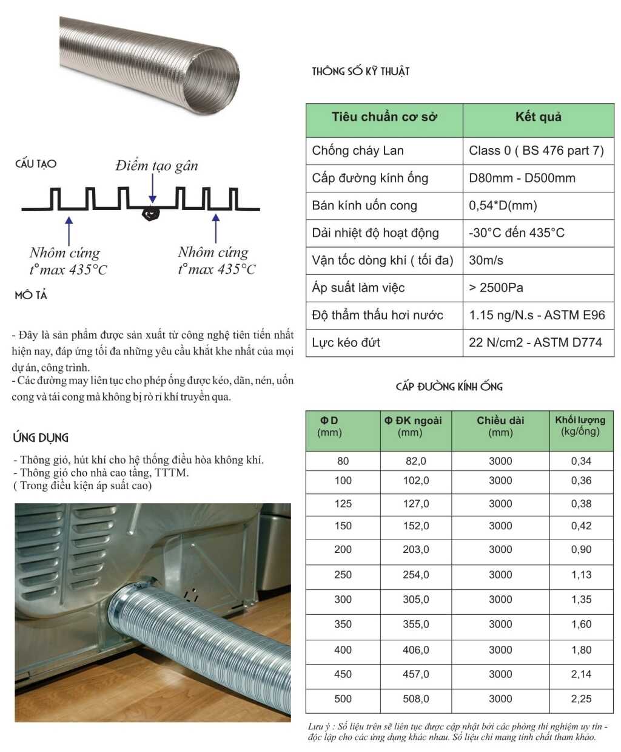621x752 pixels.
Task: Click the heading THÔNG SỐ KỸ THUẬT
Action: (361, 72)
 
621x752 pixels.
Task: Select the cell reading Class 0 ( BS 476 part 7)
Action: (536, 151)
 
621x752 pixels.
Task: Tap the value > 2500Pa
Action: (495, 288)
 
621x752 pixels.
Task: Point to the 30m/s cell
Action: (486, 260)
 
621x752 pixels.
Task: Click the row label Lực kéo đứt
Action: (346, 342)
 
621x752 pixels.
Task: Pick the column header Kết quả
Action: (538, 117)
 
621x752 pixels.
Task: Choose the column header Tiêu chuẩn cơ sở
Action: (384, 117)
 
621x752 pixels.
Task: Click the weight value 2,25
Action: (581, 699)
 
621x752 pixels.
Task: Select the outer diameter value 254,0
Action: (415, 574)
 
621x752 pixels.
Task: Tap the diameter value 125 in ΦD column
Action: (343, 503)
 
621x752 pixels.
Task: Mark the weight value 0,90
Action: (581, 549)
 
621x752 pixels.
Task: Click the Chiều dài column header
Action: (500, 426)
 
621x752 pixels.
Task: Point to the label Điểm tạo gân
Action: (156, 166)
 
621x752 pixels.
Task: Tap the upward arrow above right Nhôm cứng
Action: (215, 229)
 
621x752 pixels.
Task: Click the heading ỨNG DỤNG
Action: (41, 438)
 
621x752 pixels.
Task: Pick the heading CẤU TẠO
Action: (36, 164)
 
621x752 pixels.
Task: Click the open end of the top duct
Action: (212, 81)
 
